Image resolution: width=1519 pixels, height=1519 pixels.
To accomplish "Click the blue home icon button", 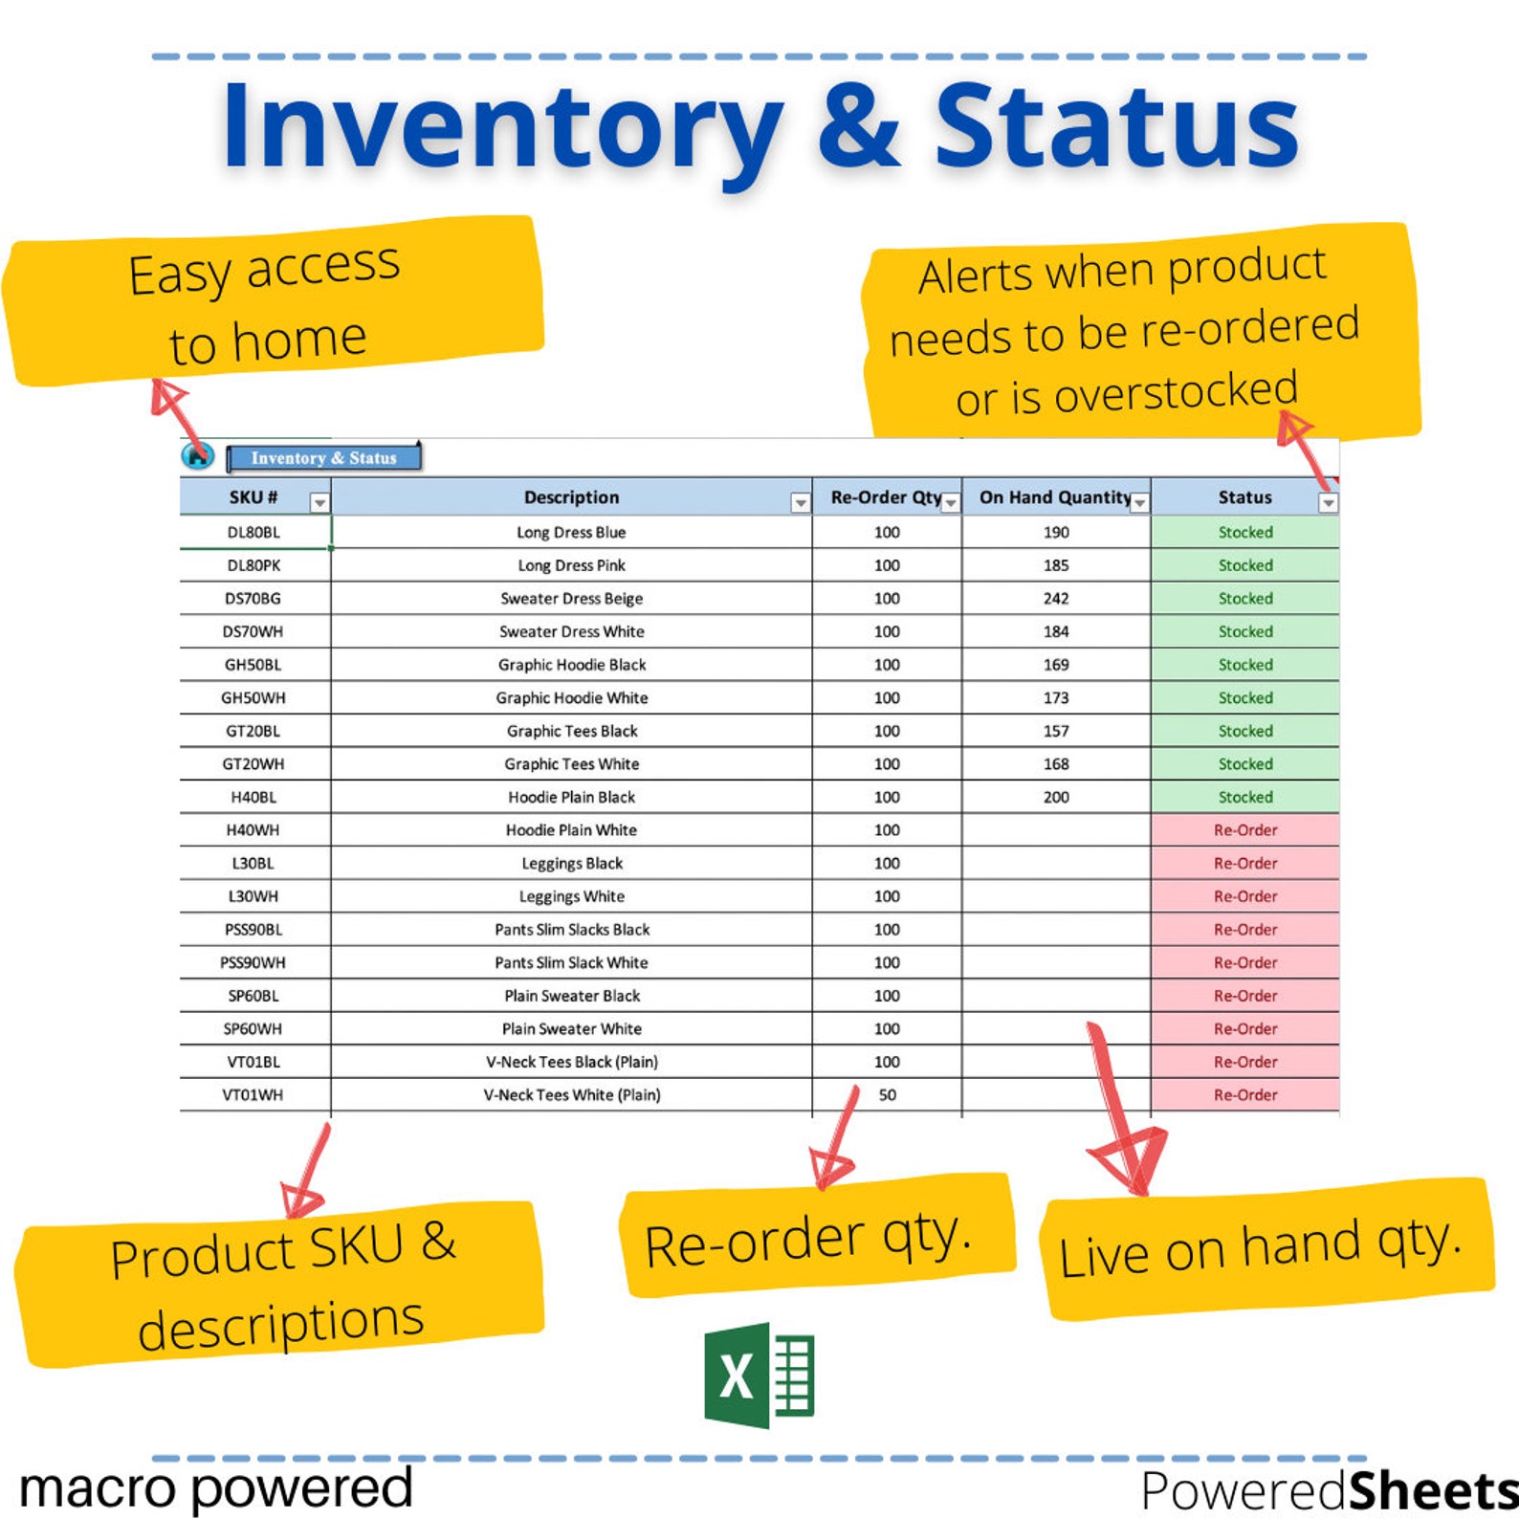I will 197,456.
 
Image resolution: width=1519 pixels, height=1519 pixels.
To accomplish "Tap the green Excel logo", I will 759,1375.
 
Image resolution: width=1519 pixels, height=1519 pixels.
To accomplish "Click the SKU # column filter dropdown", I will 319,502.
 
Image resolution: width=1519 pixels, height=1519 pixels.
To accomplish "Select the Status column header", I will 1244,497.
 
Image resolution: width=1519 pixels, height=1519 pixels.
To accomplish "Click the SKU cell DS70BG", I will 253,599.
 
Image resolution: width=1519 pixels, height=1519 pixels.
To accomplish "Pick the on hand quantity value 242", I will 1056,599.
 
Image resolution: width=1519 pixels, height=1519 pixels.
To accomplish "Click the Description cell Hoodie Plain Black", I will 572,797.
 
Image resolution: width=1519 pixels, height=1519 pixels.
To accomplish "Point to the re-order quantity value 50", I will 887,1095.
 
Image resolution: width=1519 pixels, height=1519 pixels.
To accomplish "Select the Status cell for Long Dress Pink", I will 1244,565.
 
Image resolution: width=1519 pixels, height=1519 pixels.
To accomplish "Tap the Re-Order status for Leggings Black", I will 1244,863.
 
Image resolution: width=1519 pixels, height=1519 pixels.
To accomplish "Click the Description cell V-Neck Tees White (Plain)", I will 572,1095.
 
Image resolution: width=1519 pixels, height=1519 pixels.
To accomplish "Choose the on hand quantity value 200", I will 1056,797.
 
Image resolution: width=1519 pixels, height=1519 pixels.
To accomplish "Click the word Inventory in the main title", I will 502,127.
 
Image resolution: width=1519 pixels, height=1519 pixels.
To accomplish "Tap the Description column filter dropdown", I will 800,502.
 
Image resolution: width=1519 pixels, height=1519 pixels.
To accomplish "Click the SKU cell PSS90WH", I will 253,962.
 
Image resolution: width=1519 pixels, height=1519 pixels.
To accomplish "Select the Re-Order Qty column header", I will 885,497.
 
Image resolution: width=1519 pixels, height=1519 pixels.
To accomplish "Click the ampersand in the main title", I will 858,127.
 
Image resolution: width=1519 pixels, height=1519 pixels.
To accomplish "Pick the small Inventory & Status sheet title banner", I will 323,458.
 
